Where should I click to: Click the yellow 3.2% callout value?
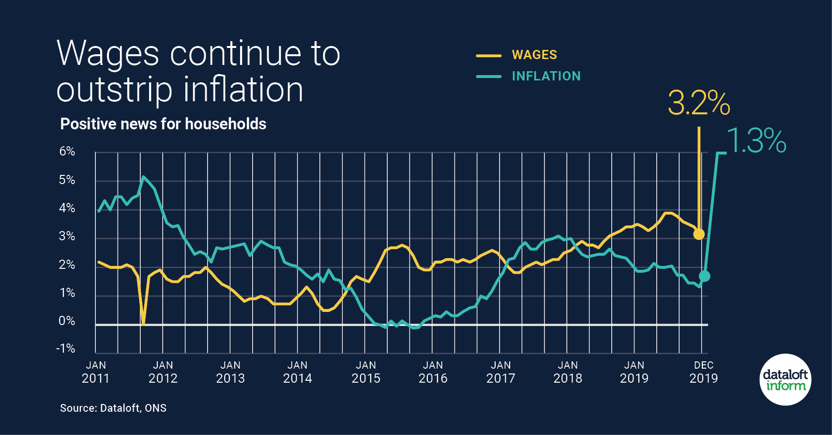[698, 103]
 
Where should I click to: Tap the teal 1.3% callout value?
[756, 141]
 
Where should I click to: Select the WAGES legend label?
[534, 55]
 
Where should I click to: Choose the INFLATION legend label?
[546, 76]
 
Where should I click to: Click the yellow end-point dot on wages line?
[699, 234]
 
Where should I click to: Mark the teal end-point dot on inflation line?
[705, 276]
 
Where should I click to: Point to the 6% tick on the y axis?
[67, 152]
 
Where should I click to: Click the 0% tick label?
[67, 321]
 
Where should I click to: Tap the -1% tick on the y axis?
[66, 349]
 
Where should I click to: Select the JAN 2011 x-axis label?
[96, 372]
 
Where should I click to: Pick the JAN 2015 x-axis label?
[366, 372]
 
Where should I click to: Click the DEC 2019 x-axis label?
[704, 372]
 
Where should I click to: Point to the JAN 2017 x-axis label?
[500, 372]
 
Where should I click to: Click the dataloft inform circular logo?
[785, 380]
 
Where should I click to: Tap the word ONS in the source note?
[155, 408]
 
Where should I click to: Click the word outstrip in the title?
[114, 90]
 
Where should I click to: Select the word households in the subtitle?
[226, 124]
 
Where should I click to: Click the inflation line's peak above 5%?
[143, 177]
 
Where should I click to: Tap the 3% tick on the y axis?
[67, 236]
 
